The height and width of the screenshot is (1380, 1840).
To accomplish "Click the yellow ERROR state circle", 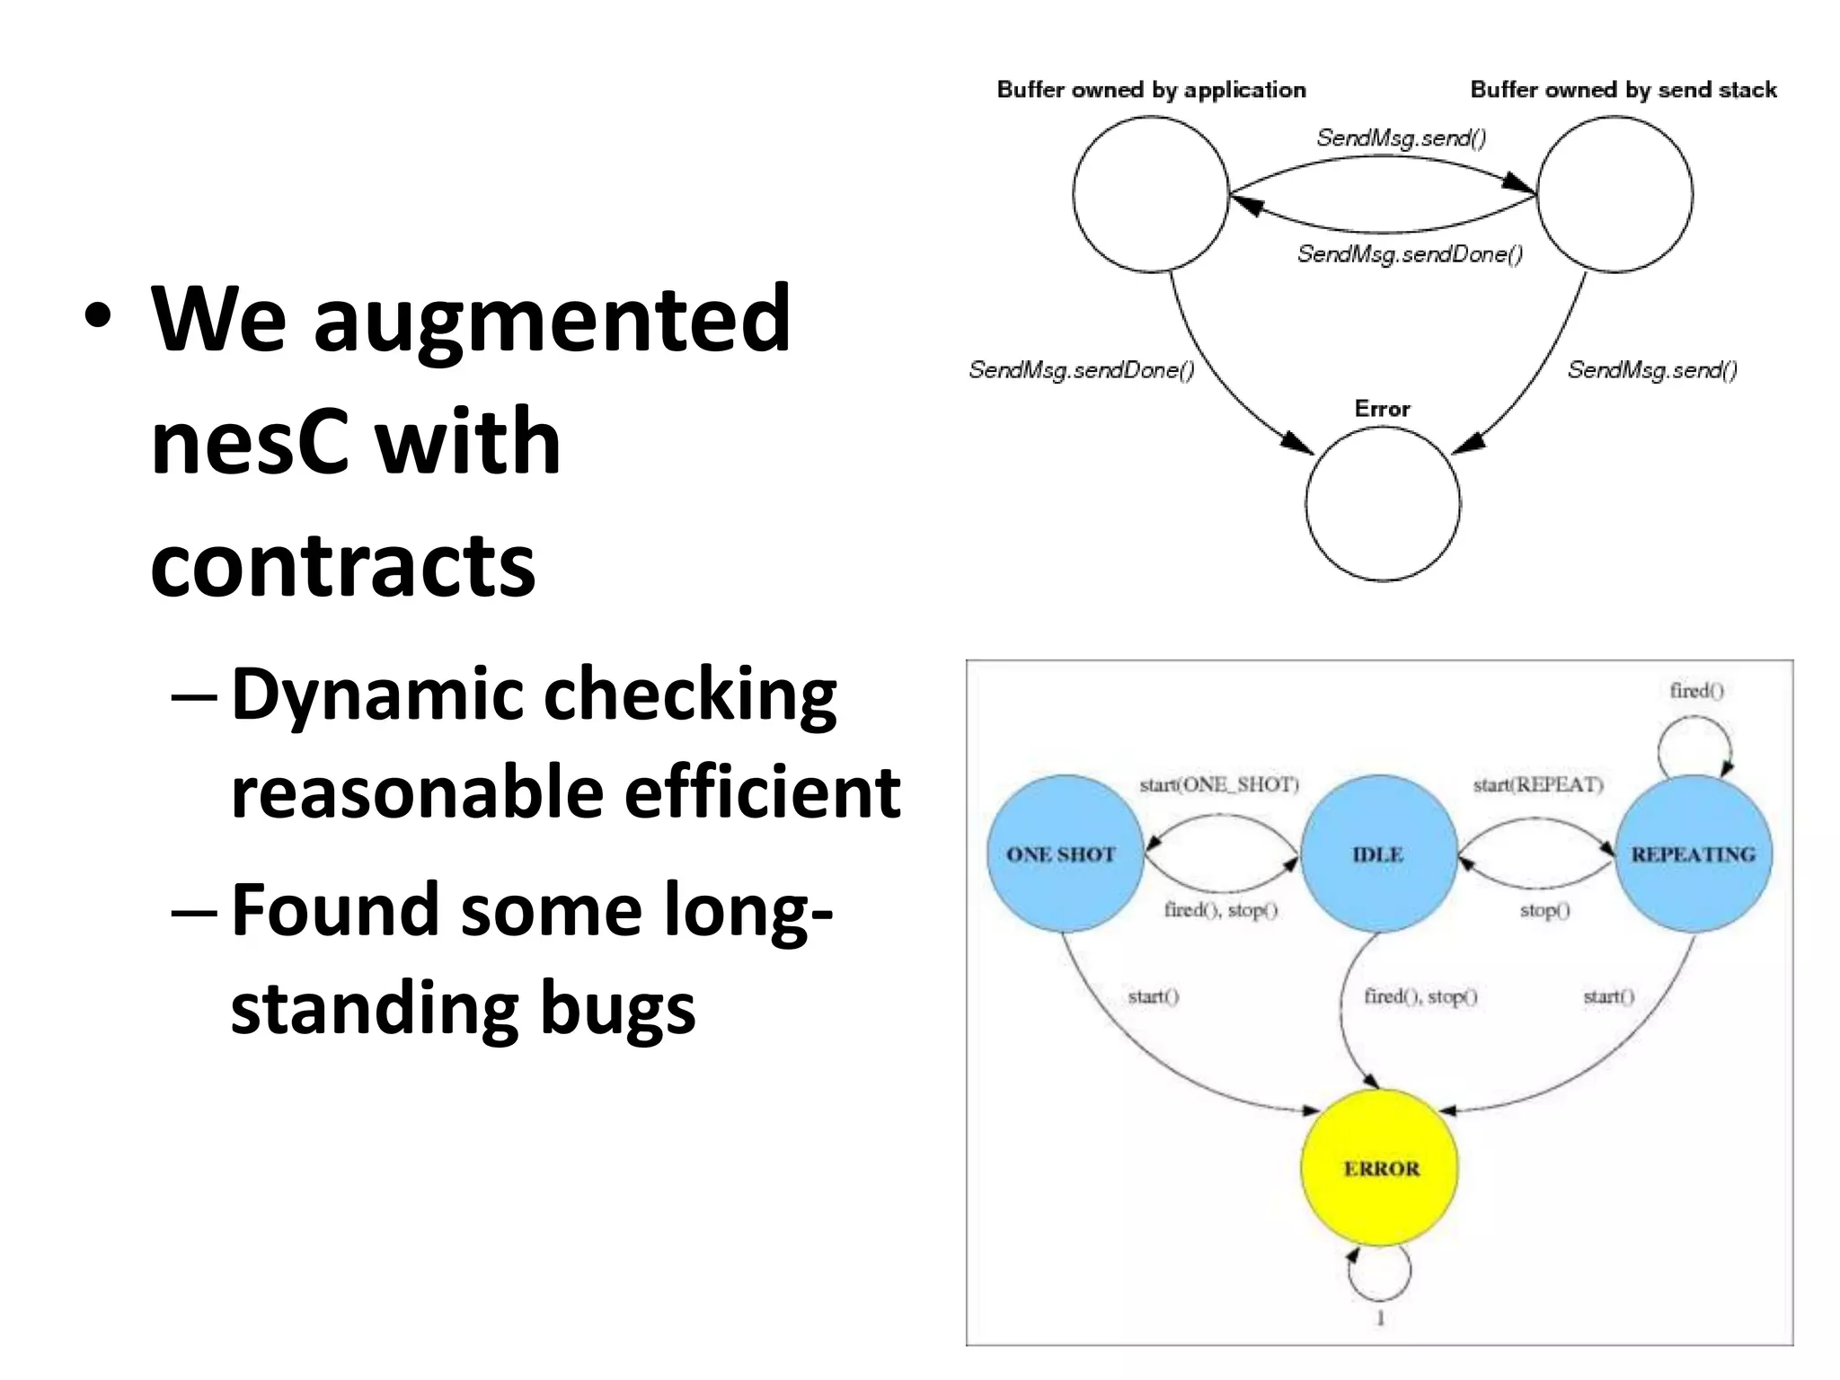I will coord(1380,1168).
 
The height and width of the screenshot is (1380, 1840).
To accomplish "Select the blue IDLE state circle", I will coord(1378,854).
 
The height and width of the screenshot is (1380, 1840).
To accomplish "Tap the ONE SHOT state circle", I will coord(1064,854).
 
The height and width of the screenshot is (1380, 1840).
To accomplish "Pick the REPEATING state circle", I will coord(1694,854).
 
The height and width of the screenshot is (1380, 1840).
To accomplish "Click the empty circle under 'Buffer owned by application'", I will coord(1151,194).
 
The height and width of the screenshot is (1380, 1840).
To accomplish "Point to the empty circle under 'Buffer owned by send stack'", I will coord(1614,194).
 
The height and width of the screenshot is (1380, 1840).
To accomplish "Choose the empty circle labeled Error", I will coord(1383,504).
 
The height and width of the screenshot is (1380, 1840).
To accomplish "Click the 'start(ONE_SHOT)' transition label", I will coord(1219,784).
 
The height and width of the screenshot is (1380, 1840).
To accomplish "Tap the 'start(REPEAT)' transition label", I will coord(1538,784).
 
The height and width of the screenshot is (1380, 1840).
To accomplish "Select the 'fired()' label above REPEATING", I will coord(1696,690).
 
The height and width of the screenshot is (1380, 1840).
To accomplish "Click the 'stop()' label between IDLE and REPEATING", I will coord(1544,910).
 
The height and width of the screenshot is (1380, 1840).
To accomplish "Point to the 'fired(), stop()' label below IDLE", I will coord(1420,995).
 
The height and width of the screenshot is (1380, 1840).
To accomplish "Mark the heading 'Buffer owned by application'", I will coord(1151,90).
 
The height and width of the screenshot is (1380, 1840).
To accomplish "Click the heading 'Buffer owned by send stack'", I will coord(1623,90).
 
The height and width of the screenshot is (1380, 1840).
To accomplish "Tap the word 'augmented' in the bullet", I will coord(552,320).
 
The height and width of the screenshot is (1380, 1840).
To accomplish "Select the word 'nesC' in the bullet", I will coord(249,441).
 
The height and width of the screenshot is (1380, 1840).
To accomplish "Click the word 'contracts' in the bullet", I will coord(342,564).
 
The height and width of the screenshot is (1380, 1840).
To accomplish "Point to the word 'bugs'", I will coord(617,1007).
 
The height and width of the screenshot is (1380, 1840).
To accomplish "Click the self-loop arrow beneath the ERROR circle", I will coord(1380,1276).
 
